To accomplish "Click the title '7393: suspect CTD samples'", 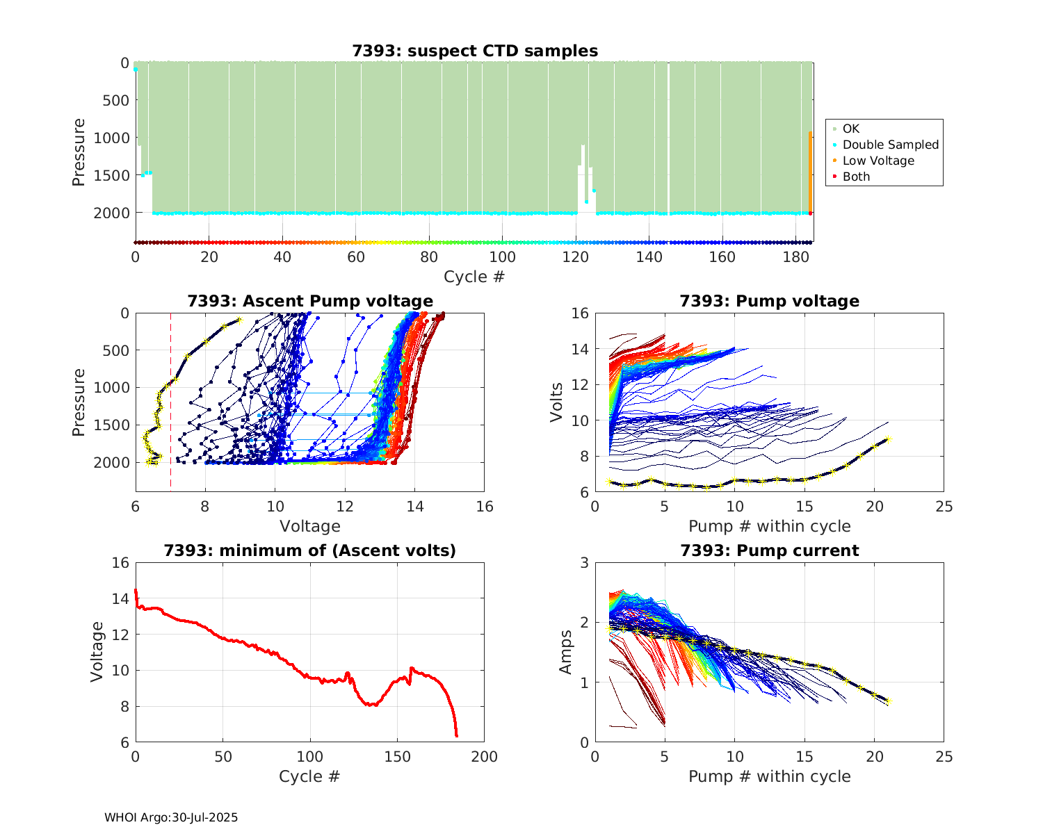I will point(475,51).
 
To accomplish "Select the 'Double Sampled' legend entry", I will point(890,145).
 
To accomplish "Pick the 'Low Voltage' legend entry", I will point(878,161).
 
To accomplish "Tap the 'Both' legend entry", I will point(856,177).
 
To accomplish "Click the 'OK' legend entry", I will point(850,129).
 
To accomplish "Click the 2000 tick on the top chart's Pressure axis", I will point(111,213).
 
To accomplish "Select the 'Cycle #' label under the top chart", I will point(474,277).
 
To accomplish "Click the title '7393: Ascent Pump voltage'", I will point(310,301).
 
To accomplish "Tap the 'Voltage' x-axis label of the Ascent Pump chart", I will point(310,526).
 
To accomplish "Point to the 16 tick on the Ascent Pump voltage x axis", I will point(485,507).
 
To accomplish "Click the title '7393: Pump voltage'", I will point(769,301).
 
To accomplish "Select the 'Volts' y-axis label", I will point(556,402).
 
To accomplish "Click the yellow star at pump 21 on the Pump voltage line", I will point(888,439).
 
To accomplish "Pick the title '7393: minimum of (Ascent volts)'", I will point(310,550).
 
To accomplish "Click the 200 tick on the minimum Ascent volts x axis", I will point(485,757).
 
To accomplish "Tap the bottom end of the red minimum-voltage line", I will point(457,735).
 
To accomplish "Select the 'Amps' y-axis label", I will point(566,652).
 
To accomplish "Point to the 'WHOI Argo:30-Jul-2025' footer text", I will point(171,818).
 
